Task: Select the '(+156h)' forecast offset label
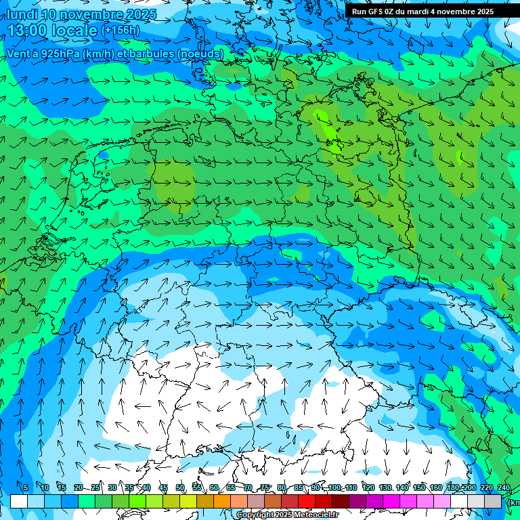tap(121, 30)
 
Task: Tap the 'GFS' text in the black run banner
tap(376, 12)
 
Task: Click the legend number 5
tap(26, 488)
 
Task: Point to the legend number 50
tap(180, 488)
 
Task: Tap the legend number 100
tap(334, 488)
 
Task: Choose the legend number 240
tap(503, 488)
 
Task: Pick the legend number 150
tap(419, 488)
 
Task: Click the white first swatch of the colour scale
tap(19, 502)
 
